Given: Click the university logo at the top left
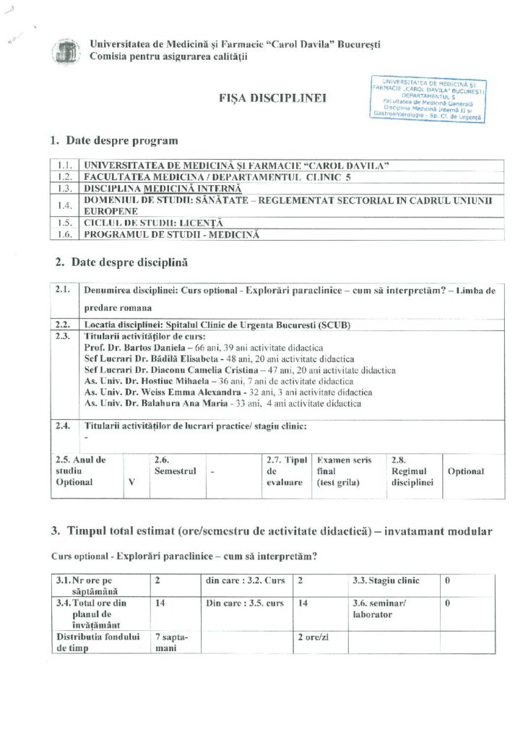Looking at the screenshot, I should tap(66, 51).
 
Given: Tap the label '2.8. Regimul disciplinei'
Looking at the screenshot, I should tap(412, 471).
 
